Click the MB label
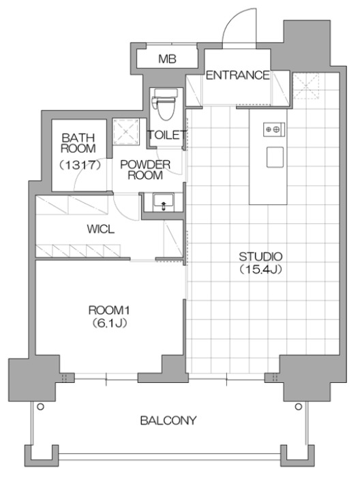click(167, 59)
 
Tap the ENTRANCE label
click(238, 75)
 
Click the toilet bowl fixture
click(166, 104)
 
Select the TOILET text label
click(167, 135)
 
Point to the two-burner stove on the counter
click(274, 129)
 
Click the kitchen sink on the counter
click(275, 157)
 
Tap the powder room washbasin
click(164, 202)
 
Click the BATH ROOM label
click(78, 143)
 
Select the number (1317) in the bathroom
click(80, 166)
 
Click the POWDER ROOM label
click(145, 170)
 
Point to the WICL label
click(100, 229)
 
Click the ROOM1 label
click(109, 311)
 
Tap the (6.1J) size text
click(109, 323)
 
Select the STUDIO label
click(260, 256)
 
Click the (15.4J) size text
click(260, 269)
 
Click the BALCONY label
click(168, 420)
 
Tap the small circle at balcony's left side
click(40, 407)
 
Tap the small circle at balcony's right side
click(298, 407)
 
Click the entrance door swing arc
click(230, 21)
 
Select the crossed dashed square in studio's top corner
click(306, 86)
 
